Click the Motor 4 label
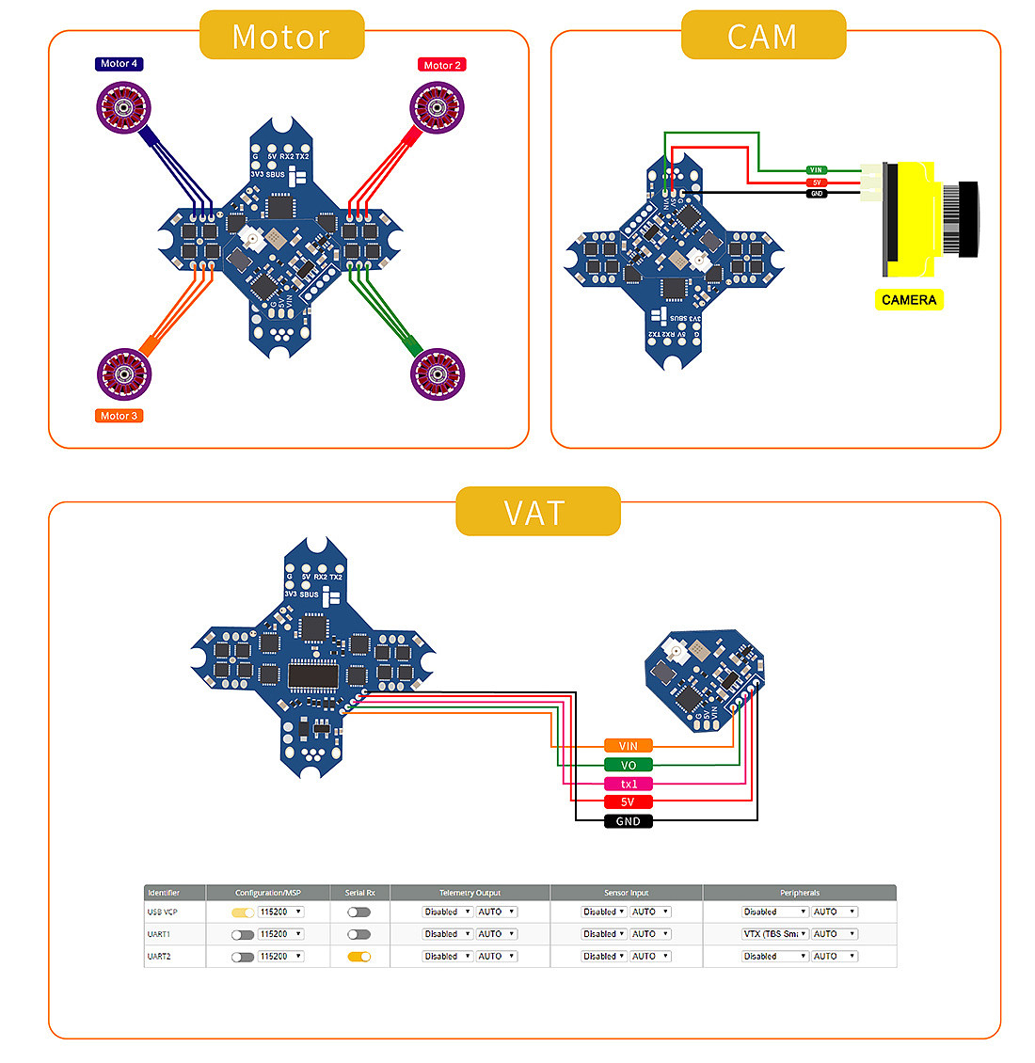coord(119,64)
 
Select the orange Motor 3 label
coord(119,416)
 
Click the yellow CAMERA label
coord(908,300)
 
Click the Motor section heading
coord(281,37)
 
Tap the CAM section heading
coord(762,37)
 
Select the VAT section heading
coord(537,513)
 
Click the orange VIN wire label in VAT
coord(628,746)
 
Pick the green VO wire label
coord(628,765)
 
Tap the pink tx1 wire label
coord(628,784)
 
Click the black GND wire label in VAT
coord(628,821)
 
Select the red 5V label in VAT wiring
coord(628,802)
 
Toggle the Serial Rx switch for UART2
coord(358,956)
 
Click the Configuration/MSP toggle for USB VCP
coord(243,912)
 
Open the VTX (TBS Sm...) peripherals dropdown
coord(775,934)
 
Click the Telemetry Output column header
coord(470,893)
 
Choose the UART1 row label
coord(159,934)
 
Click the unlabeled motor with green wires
coord(438,373)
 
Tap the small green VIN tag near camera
coord(816,170)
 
